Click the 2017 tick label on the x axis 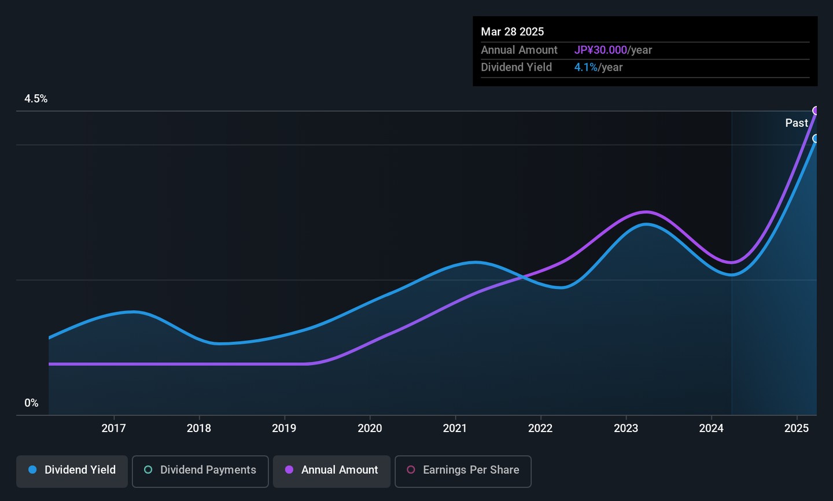114,428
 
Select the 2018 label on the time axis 199,428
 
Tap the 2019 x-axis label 284,428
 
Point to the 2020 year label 370,428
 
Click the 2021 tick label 455,428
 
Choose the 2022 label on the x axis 540,428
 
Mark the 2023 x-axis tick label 626,428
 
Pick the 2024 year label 711,428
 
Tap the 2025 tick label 797,428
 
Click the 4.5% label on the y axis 36,99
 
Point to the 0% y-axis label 31,403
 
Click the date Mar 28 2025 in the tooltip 512,32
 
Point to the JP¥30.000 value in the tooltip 600,50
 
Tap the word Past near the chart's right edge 797,123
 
